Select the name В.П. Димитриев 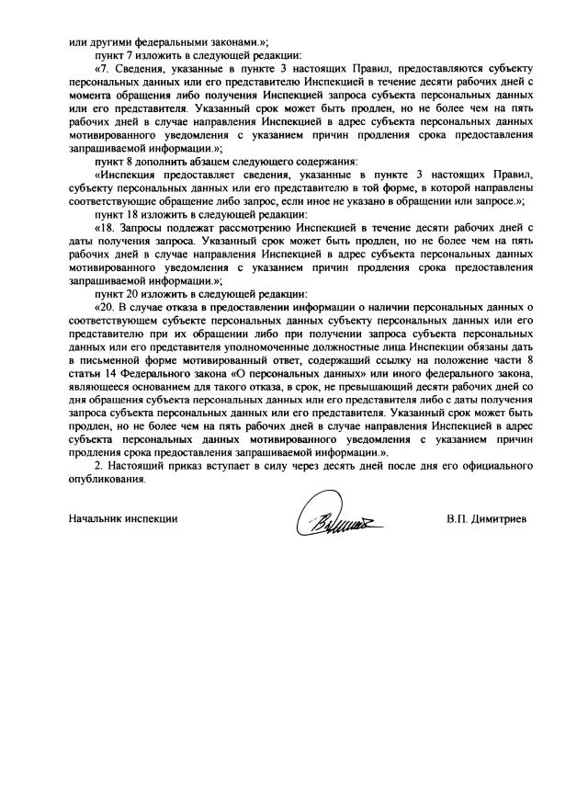pyautogui.click(x=487, y=519)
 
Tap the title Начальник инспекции pyautogui.click(x=122, y=519)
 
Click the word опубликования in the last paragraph pyautogui.click(x=107, y=480)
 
